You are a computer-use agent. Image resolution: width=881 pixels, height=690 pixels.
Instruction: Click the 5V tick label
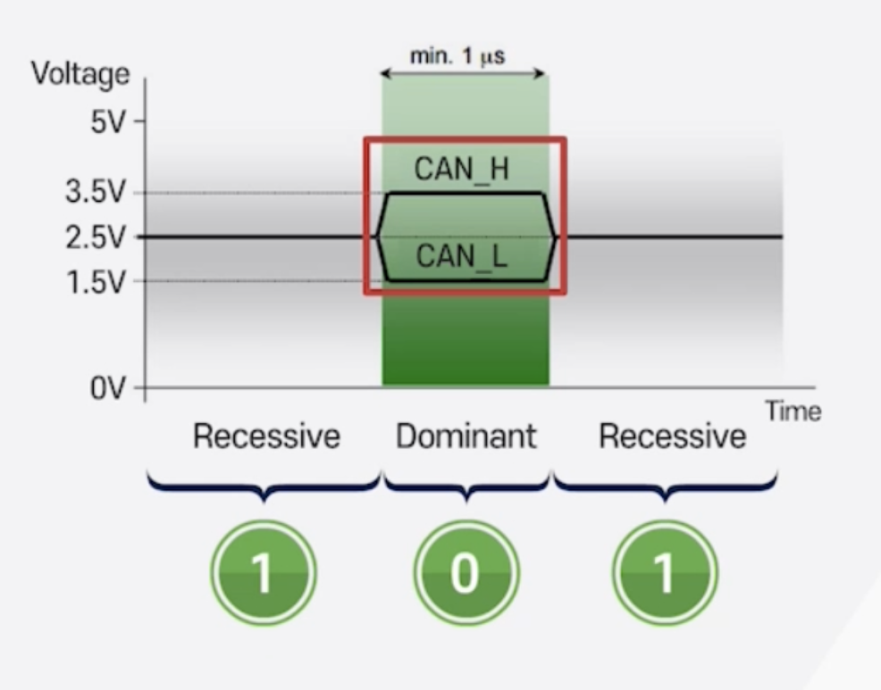(x=109, y=121)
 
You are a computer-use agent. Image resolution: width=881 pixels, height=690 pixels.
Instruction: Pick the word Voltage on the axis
(x=80, y=74)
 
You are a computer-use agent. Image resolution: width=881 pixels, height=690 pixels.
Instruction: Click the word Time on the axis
(x=793, y=411)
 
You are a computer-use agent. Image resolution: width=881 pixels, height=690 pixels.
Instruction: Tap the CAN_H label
(x=462, y=169)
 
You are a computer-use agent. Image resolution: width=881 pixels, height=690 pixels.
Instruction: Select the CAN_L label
(x=462, y=257)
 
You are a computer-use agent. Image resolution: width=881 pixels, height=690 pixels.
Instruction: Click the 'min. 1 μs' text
(x=457, y=56)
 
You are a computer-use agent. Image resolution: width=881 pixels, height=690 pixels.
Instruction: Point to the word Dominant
(x=466, y=436)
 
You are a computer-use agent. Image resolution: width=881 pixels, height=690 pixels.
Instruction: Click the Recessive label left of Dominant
(x=267, y=436)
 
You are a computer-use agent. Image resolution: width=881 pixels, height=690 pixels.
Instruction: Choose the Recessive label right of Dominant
(x=672, y=436)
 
